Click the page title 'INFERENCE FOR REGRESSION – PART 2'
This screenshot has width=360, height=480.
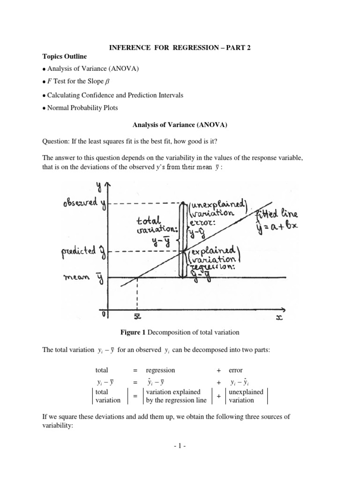[x=180, y=47]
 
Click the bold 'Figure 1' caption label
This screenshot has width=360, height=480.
[x=134, y=332]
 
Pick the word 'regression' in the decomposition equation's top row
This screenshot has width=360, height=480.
[x=161, y=370]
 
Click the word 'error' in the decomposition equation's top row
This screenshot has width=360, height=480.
[x=236, y=370]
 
